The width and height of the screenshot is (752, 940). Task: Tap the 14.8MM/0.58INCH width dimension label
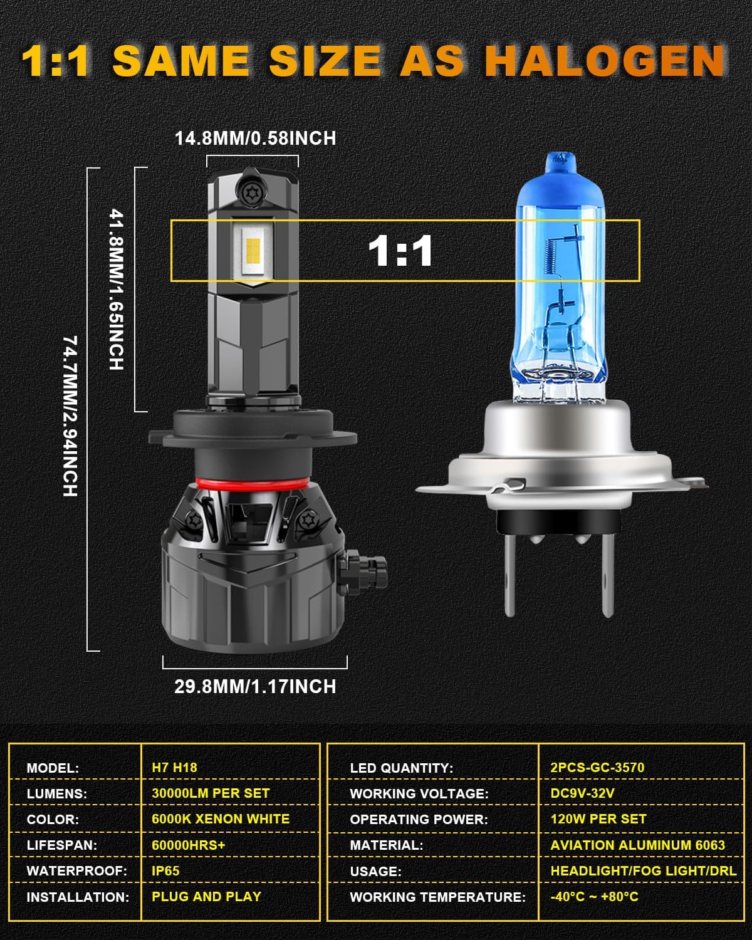(255, 138)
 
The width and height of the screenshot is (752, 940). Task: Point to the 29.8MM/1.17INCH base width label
(255, 686)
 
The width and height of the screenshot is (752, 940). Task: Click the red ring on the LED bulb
(252, 483)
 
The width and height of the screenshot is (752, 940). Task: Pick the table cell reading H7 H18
(174, 768)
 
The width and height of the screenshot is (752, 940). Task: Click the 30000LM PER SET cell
(211, 793)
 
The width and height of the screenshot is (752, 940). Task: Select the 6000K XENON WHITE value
(221, 819)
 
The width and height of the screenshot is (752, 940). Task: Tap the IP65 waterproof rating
(165, 870)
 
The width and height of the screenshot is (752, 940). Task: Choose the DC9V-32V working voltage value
(582, 793)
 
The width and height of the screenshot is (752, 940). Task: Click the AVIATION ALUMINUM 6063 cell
(637, 845)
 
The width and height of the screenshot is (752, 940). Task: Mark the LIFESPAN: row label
(62, 845)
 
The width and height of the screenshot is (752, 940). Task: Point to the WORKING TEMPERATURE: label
(438, 897)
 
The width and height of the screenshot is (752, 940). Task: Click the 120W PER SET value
(598, 819)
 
